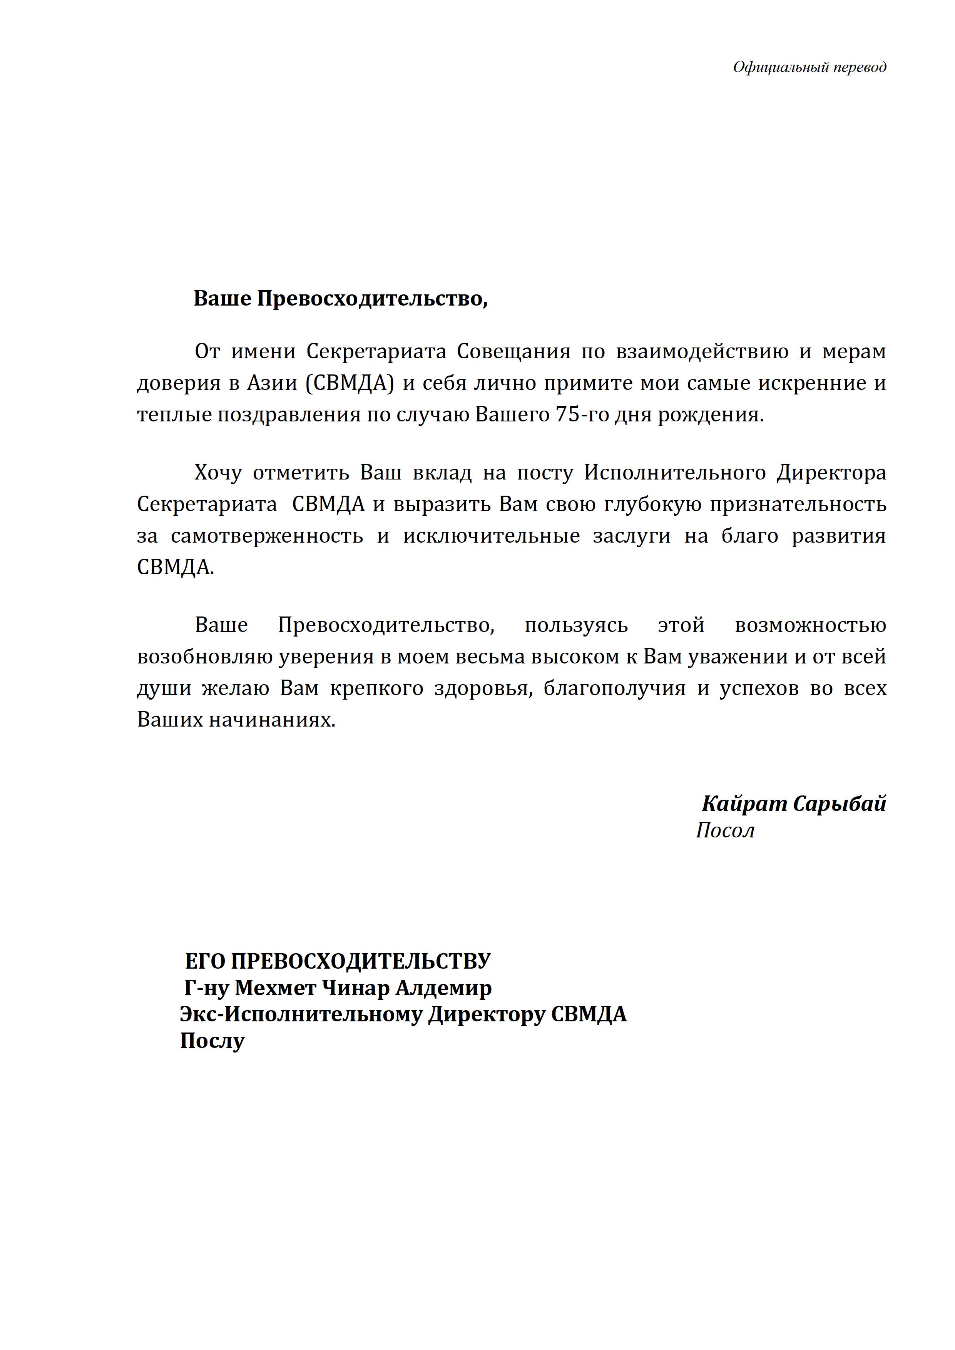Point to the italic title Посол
pyautogui.click(x=725, y=830)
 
